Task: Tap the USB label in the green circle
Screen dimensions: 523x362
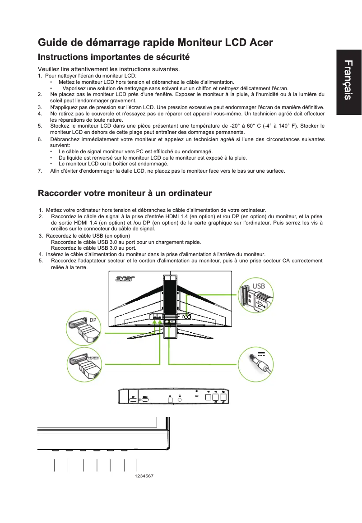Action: tap(259, 286)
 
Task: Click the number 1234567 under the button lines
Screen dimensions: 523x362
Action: tap(144, 476)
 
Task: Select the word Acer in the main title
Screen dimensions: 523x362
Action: tap(261, 43)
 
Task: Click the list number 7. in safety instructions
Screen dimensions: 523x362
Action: tap(40, 171)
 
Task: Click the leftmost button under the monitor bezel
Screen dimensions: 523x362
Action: tap(55, 450)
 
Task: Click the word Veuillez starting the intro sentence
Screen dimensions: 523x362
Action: tap(49, 69)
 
